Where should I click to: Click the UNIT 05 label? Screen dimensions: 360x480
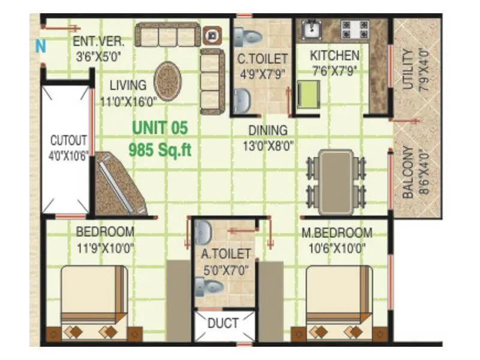click(160, 128)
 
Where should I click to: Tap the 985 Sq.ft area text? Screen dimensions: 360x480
click(160, 149)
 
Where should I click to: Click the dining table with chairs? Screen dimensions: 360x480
click(336, 178)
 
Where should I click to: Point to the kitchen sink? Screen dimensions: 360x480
click(311, 29)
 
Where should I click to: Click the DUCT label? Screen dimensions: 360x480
click(223, 323)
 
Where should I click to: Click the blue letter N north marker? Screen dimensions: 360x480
click(40, 46)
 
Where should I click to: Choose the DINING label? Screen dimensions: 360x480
click(268, 130)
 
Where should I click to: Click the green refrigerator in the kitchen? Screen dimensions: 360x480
click(308, 96)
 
